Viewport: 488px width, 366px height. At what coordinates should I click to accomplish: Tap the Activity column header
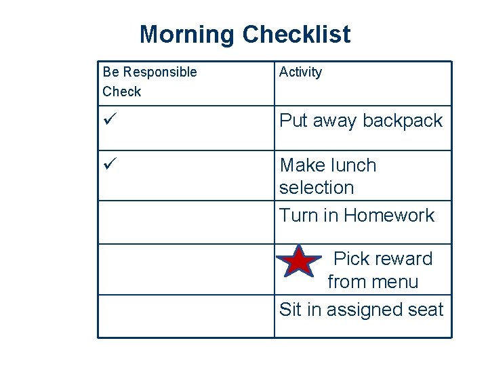point(301,72)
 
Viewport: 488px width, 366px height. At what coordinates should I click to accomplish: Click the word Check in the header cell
point(122,91)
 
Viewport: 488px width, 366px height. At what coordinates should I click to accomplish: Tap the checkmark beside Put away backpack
point(109,121)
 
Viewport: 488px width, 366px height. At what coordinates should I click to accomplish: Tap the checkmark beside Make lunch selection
point(109,165)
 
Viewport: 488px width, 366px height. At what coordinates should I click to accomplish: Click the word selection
point(317,188)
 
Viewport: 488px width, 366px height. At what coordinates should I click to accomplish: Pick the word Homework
point(389,216)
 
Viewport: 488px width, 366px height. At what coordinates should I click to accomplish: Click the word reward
point(403,259)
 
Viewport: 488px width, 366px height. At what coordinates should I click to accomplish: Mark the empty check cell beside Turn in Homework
point(186,222)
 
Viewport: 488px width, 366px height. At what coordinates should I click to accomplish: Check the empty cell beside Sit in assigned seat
point(186,316)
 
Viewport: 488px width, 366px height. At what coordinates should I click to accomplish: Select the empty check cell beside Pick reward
point(186,269)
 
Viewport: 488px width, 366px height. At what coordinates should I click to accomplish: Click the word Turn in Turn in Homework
point(298,216)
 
